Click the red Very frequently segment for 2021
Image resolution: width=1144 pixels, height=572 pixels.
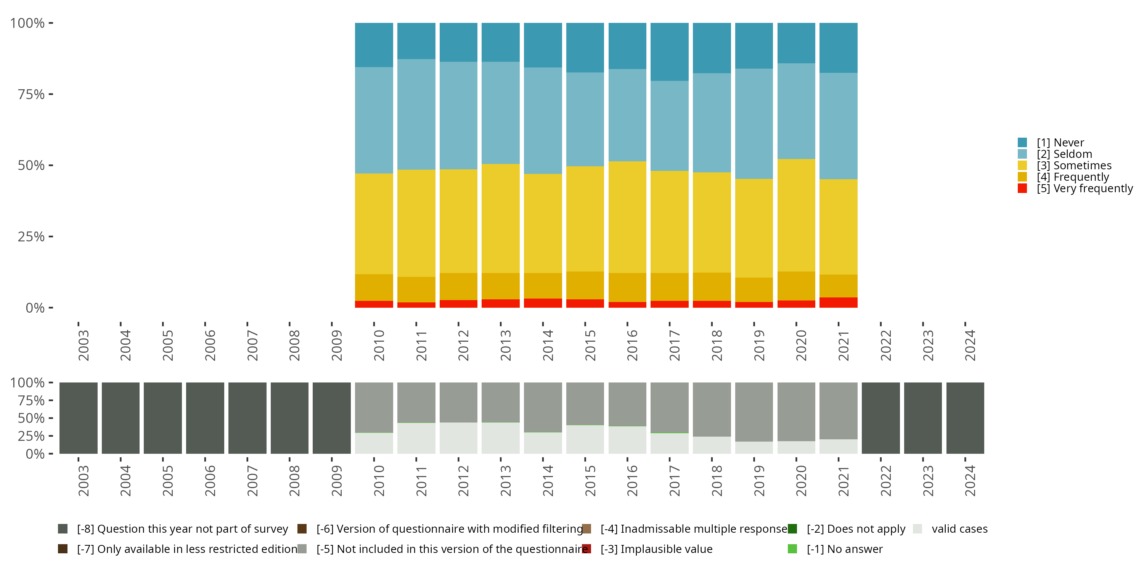(838, 302)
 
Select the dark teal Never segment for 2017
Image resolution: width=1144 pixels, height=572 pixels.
(669, 51)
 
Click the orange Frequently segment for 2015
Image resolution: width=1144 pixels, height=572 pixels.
(585, 285)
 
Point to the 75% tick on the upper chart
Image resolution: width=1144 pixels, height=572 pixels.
(31, 94)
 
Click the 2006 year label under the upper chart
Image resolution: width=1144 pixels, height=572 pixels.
(210, 345)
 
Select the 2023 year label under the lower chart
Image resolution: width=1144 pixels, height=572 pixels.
(928, 481)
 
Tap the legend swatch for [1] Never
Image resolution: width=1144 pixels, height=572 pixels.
(1022, 143)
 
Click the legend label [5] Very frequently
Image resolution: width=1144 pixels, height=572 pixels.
(1085, 188)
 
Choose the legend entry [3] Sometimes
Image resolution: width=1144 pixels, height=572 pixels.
(1074, 165)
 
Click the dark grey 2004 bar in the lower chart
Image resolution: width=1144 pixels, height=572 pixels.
(121, 418)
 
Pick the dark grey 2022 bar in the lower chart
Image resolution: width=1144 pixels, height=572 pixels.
(880, 418)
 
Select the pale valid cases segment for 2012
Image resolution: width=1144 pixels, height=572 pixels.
(458, 438)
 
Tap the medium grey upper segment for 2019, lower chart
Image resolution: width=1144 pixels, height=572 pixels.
(754, 412)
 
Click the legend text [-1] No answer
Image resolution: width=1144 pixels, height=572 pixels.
(844, 549)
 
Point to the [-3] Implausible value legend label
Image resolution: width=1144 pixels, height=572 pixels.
(656, 549)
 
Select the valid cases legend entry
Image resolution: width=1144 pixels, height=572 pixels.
(959, 529)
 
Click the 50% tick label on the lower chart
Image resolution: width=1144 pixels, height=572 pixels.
(31, 418)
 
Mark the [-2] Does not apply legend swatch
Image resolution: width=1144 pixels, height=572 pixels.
(792, 529)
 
